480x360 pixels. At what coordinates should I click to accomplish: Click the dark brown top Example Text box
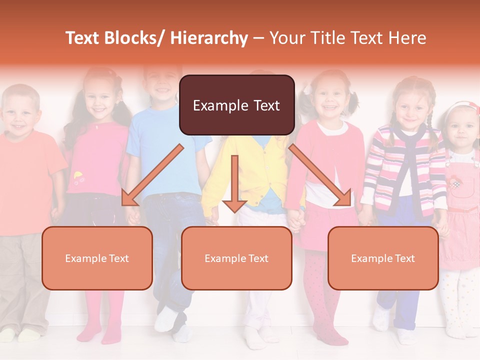click(236, 105)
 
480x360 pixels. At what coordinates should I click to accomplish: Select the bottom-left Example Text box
click(97, 258)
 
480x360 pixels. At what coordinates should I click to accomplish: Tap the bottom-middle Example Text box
click(236, 258)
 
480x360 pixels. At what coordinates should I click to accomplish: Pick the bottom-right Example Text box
click(383, 258)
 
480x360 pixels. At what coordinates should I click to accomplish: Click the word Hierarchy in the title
click(208, 38)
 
